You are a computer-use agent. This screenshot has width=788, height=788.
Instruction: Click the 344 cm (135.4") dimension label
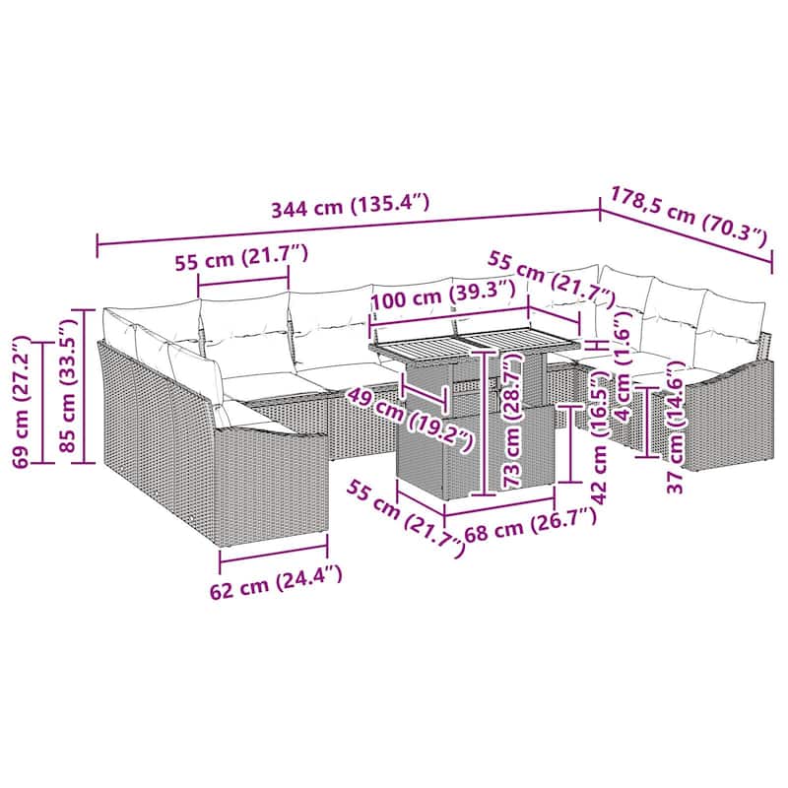[x=351, y=205]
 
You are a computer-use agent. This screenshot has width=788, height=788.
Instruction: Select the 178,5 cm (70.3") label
[x=689, y=217]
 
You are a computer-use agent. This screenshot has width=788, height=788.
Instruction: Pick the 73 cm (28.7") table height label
[x=512, y=421]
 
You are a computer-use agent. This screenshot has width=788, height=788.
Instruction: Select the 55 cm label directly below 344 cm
[x=241, y=258]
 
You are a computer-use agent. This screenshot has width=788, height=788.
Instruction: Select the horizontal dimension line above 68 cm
[x=500, y=506]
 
